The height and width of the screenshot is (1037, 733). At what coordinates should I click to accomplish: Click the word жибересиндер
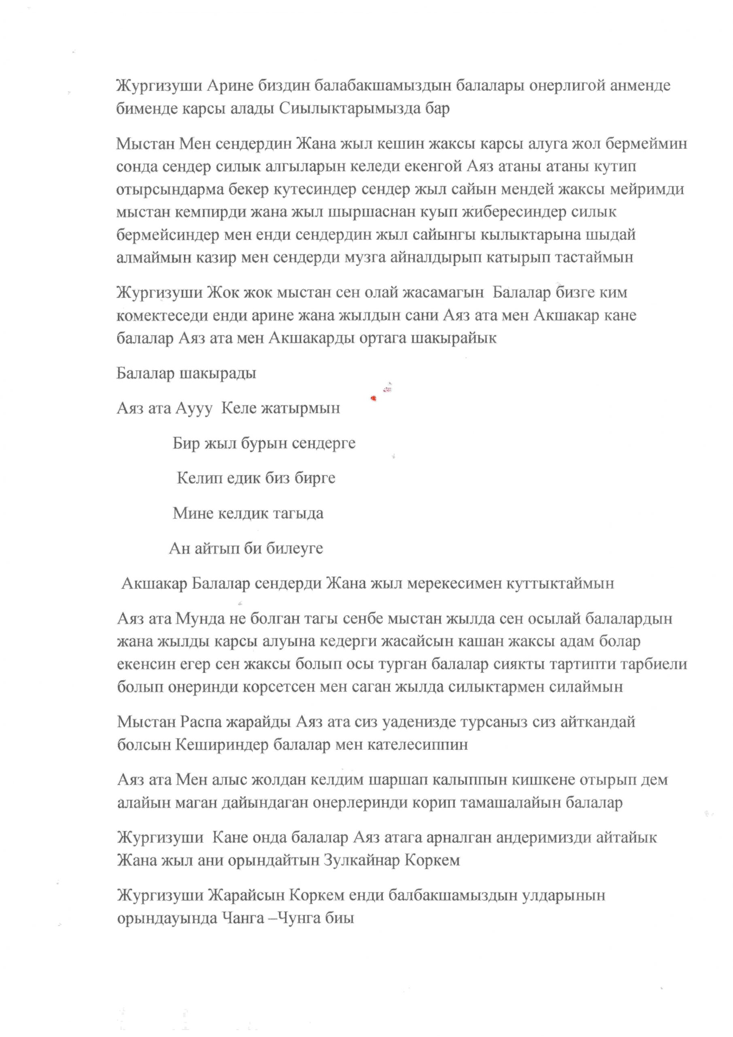click(x=503, y=212)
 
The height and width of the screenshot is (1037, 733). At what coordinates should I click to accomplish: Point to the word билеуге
click(x=295, y=549)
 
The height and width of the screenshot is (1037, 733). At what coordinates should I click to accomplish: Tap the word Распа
click(x=205, y=722)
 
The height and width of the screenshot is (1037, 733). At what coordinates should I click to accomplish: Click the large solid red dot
click(x=373, y=398)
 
